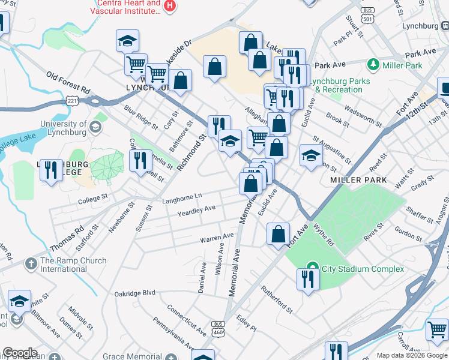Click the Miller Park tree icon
(373, 64)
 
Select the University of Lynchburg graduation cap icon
(95, 127)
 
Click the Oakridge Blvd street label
(135, 294)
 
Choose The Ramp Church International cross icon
(31, 263)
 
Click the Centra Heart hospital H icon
(170, 5)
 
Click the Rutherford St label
(276, 299)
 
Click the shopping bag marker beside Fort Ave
(278, 234)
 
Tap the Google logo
(20, 353)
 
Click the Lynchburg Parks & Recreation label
(339, 85)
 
